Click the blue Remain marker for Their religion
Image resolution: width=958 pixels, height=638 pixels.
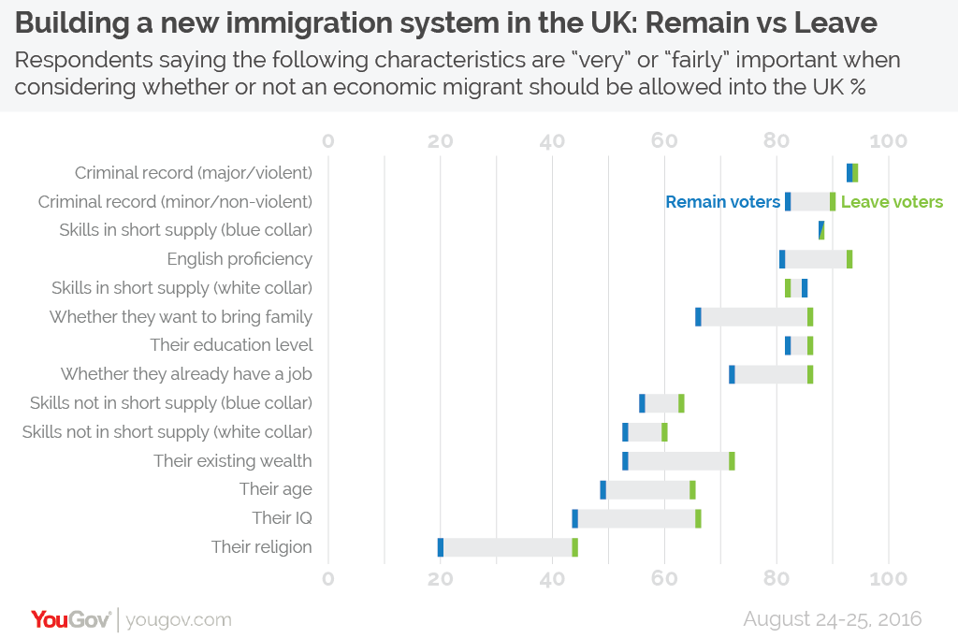[441, 547]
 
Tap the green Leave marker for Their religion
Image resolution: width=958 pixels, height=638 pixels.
[574, 547]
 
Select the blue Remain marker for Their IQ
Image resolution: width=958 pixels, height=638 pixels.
[575, 518]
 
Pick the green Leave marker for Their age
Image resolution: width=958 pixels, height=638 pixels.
[692, 489]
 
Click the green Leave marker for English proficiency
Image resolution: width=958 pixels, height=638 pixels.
[849, 259]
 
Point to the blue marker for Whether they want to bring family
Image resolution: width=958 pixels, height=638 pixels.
[698, 316]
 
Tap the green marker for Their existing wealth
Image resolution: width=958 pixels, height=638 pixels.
[732, 460]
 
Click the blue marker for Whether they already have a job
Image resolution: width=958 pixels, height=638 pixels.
[732, 374]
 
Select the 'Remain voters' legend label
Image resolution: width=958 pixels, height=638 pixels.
[722, 202]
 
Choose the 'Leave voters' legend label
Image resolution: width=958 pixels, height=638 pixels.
[892, 202]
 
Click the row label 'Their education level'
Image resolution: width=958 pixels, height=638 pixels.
[231, 345]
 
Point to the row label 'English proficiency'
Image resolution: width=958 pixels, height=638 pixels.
[239, 259]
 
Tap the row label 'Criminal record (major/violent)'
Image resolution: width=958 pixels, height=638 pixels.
[194, 173]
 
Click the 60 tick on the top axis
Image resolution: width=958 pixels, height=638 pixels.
[664, 141]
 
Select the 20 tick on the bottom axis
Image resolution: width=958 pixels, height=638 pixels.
[440, 578]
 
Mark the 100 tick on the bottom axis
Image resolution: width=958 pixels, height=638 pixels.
[888, 578]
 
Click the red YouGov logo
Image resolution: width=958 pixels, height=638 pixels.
[71, 619]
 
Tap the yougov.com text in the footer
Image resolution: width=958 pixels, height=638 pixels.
[178, 619]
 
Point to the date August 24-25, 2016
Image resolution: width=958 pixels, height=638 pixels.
[833, 618]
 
